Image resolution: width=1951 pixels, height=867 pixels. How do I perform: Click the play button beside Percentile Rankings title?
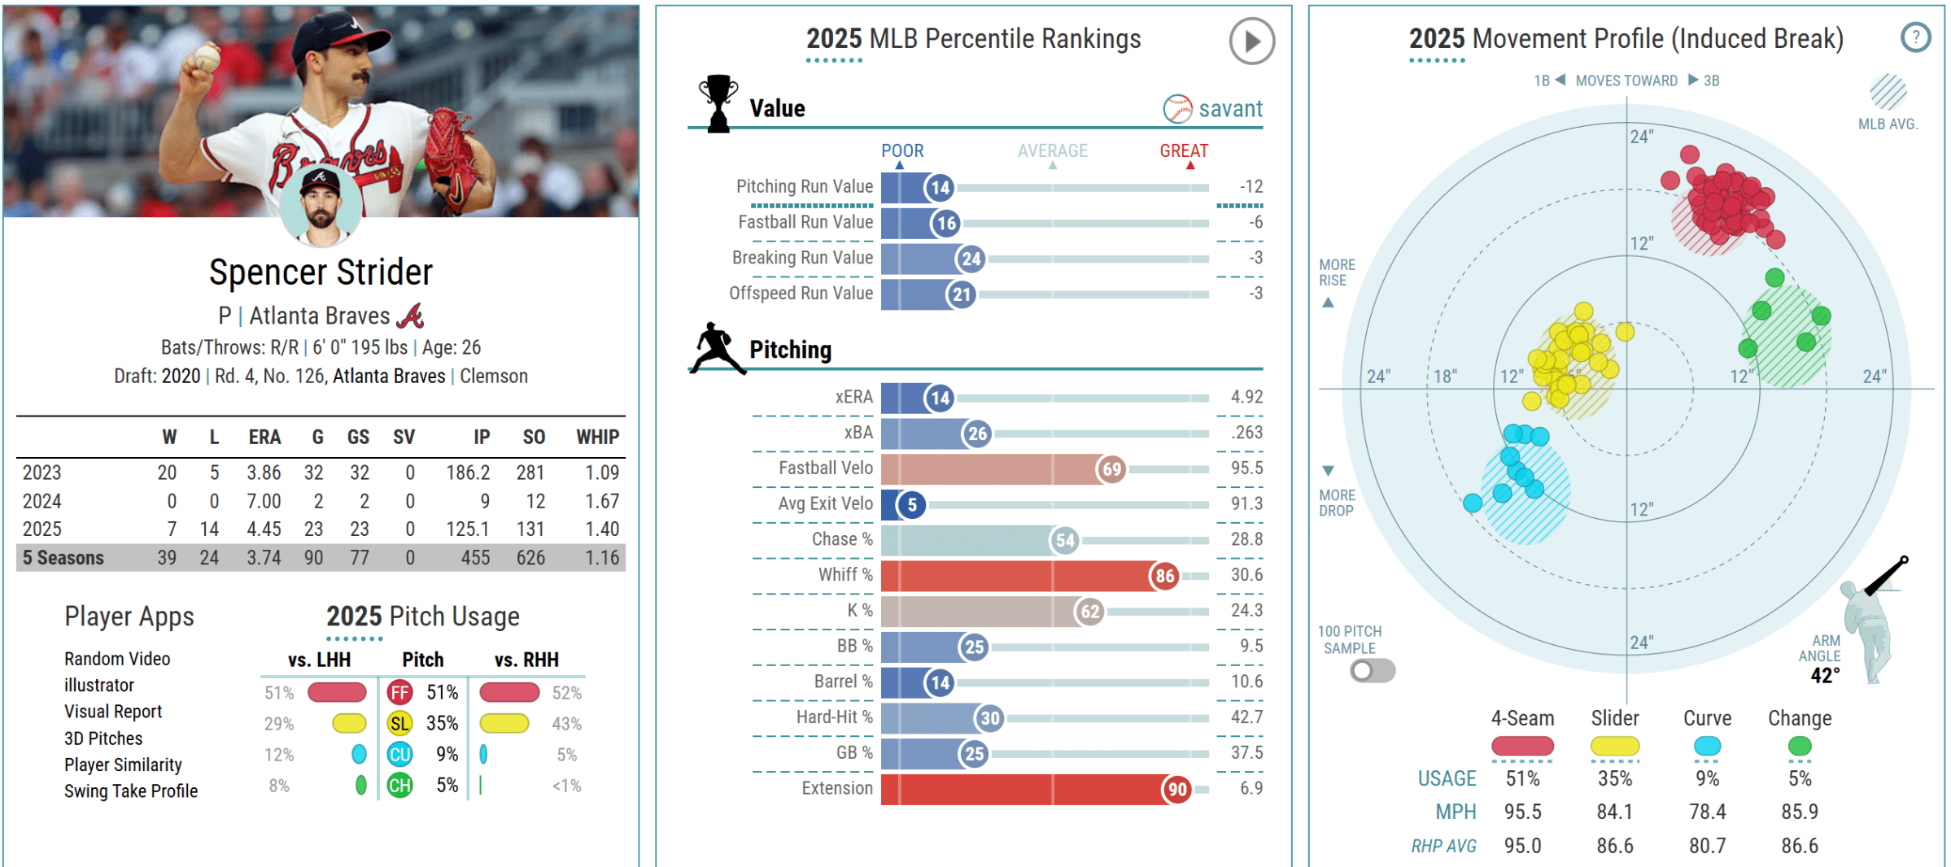1251,41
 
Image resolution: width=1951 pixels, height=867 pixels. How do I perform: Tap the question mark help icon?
1915,37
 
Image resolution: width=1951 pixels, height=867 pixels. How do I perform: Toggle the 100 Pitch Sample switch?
1373,671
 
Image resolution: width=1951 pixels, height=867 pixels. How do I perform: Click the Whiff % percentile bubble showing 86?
1165,576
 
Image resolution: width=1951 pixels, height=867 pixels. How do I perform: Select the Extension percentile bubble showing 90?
1177,789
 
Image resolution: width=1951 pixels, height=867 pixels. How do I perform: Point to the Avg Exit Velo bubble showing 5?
912,505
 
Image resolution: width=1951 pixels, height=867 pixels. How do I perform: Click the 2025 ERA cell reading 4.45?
264,529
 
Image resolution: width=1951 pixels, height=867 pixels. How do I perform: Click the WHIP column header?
597,438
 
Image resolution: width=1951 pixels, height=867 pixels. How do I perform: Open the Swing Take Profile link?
131,791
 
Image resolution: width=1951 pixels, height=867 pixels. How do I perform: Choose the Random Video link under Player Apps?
117,659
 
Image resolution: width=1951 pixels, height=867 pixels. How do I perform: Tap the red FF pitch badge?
399,693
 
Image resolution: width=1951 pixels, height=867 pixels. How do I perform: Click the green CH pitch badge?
399,786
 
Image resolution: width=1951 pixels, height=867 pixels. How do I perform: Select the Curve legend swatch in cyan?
1707,746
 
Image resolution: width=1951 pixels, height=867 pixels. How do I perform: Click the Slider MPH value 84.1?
1614,812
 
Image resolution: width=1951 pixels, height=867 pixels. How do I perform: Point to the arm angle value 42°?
1825,676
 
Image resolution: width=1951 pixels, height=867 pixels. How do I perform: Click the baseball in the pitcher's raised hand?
207,57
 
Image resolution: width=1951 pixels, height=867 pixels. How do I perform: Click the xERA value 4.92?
1246,397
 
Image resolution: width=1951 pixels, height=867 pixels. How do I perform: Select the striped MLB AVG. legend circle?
1888,91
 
